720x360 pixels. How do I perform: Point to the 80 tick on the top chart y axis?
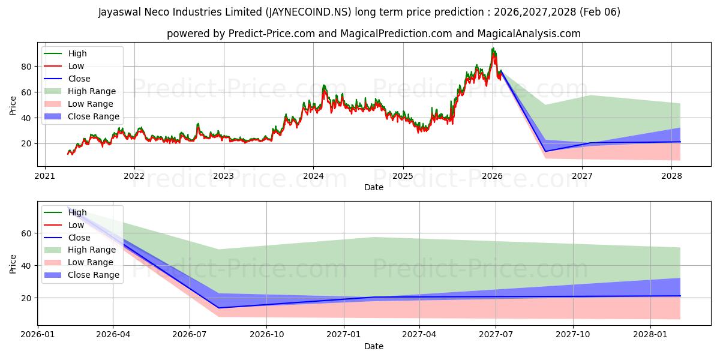(x=31, y=67)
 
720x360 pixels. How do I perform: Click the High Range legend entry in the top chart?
(x=93, y=91)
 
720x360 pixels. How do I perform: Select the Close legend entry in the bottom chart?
(x=79, y=238)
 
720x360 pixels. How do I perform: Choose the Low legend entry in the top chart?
(x=76, y=66)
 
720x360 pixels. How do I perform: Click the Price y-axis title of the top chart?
(x=13, y=105)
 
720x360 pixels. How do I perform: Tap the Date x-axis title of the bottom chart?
(x=373, y=346)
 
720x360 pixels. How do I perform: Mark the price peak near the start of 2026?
(x=493, y=49)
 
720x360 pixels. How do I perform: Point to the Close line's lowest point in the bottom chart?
(x=218, y=308)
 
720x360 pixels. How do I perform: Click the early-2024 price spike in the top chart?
(x=324, y=86)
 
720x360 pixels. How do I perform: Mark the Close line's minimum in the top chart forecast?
(x=545, y=151)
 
